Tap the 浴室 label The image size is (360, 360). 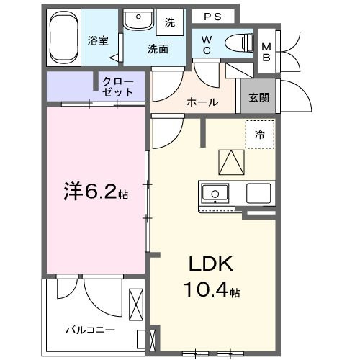[x=99, y=40]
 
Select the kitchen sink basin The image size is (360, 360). [x=215, y=193]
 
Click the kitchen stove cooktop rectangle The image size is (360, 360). [x=258, y=193]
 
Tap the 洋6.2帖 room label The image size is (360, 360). [x=94, y=193]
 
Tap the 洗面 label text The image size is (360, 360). [x=158, y=49]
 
